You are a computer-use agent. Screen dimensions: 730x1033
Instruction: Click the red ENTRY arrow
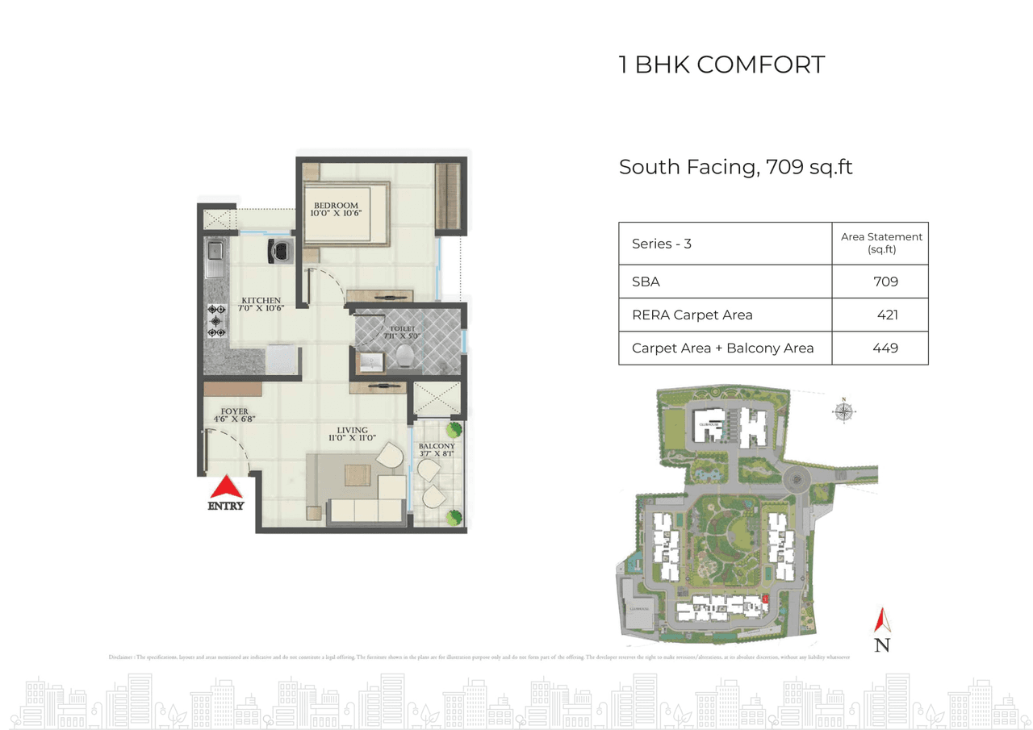(x=227, y=487)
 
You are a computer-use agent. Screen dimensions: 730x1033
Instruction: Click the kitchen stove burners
(x=216, y=321)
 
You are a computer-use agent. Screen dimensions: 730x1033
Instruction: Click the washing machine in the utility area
(x=279, y=251)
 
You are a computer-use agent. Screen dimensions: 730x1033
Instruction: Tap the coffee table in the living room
(x=358, y=475)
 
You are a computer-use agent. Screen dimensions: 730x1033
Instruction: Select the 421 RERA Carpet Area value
(x=887, y=315)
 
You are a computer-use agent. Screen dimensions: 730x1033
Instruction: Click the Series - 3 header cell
(x=662, y=244)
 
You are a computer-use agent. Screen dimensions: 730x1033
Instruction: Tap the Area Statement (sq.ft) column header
(x=881, y=243)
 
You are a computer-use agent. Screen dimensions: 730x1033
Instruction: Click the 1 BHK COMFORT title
(x=721, y=65)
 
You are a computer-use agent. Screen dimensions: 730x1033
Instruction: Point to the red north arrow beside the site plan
(x=882, y=621)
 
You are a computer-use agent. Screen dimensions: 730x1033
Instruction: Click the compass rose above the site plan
(x=843, y=411)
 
